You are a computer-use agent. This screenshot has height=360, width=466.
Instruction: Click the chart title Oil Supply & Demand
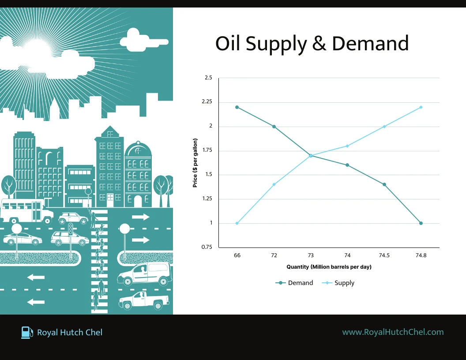pos(312,44)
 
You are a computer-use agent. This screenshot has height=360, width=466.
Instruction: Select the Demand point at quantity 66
pos(237,107)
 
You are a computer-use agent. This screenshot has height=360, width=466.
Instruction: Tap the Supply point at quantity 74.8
pos(421,107)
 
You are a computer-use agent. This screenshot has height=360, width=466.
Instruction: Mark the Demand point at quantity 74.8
pos(421,223)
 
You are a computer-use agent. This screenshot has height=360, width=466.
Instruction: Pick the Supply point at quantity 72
pos(274,184)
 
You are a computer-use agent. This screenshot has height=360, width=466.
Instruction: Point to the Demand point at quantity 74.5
pos(384,184)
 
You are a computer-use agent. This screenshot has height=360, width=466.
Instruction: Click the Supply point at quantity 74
pos(347,146)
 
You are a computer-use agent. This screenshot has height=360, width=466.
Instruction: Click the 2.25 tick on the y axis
pos(207,101)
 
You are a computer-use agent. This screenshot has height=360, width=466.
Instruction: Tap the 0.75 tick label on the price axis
pos(207,247)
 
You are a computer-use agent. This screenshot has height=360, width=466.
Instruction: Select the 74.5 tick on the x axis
pos(384,255)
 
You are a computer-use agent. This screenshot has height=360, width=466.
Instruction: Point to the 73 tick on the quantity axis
pos(311,255)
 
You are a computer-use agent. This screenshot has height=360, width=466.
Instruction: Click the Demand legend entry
pos(294,283)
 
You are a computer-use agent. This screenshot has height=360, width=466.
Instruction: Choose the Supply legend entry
pos(338,283)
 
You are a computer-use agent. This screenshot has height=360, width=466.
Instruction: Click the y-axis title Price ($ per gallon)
pos(195,163)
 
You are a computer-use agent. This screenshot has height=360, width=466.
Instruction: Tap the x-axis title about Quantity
pos(329,267)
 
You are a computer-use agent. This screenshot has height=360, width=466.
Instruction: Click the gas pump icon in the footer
pos(27,332)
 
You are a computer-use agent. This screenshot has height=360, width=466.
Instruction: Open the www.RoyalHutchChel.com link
pos(393,332)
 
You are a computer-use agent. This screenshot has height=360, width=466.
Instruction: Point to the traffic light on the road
pos(71,229)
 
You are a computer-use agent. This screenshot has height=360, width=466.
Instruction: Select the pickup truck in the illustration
pos(144,300)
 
